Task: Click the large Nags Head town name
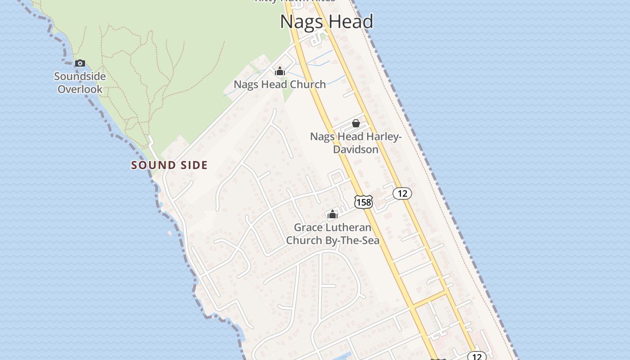[327, 22]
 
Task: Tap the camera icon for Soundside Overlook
[80, 63]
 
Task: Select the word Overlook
[80, 89]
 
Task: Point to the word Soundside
[80, 76]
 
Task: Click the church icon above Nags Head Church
[280, 71]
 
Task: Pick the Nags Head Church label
[280, 84]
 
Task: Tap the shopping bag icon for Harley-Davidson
[356, 123]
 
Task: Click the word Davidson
[356, 149]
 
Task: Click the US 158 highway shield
[363, 202]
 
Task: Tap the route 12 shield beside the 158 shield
[402, 193]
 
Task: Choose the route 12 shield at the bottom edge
[477, 357]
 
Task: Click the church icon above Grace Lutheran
[333, 214]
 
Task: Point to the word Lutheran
[350, 227]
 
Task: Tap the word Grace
[309, 227]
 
